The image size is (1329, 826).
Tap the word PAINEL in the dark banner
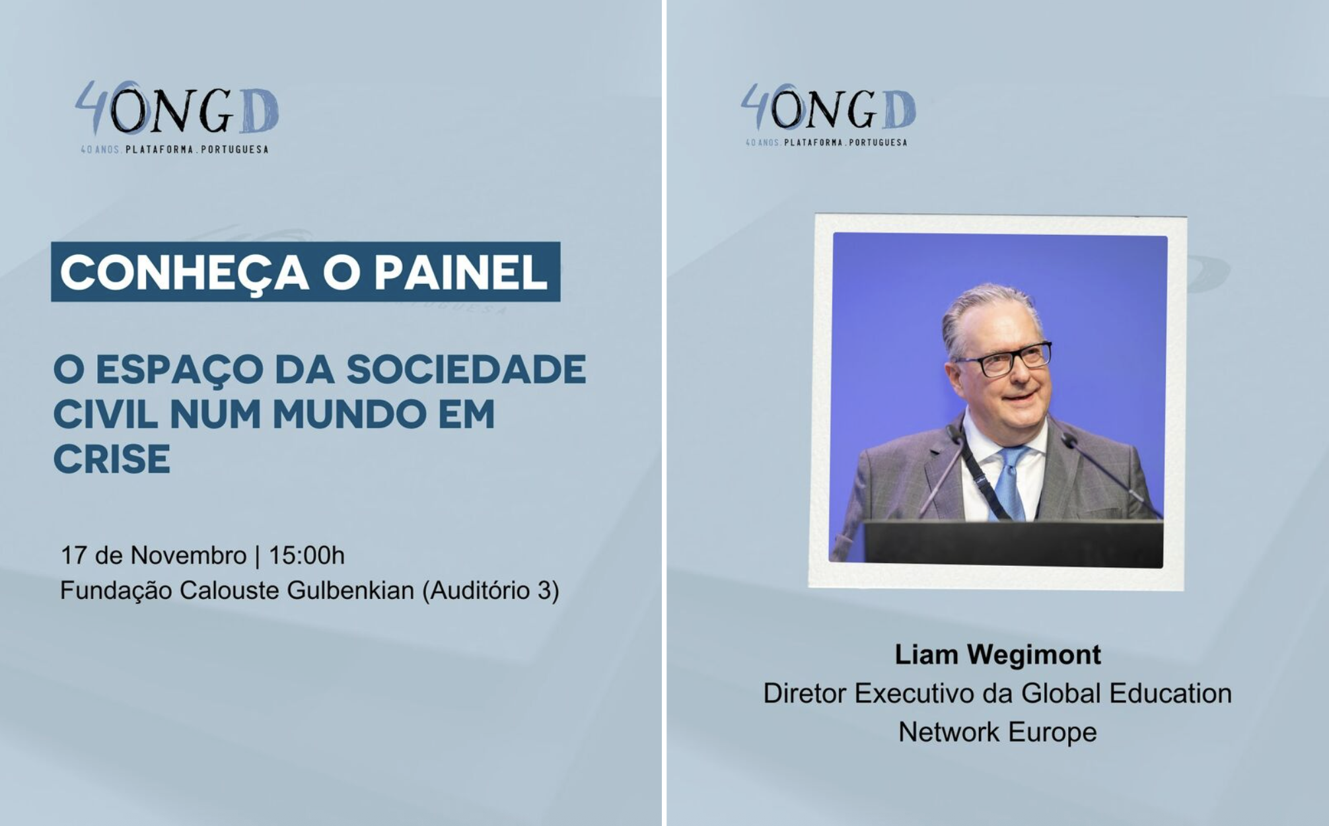point(461,272)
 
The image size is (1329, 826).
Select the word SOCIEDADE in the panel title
point(466,369)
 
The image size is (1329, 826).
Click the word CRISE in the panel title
point(112,459)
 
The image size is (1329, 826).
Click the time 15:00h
point(306,555)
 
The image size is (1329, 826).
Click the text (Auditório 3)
point(491,590)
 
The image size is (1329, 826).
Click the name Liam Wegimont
point(997,655)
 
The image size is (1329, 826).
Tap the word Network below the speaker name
point(949,732)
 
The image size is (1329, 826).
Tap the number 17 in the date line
point(74,555)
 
